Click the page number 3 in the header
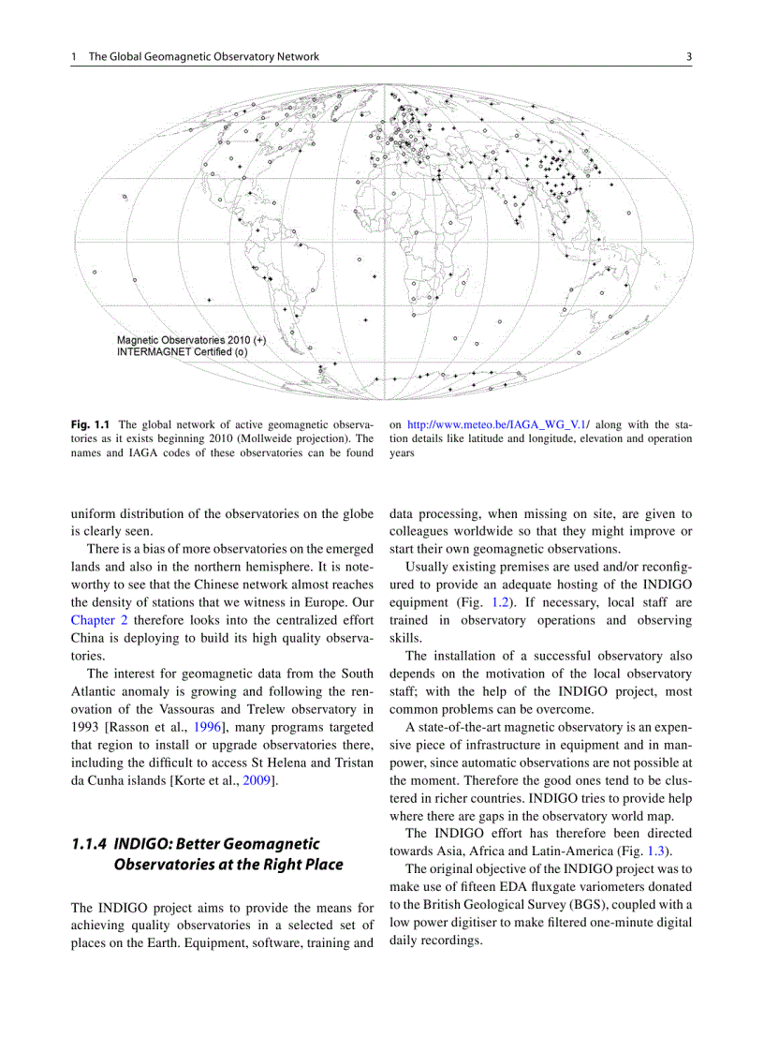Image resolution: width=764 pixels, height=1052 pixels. [688, 56]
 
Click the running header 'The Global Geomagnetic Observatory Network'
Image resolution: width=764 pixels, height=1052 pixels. [203, 56]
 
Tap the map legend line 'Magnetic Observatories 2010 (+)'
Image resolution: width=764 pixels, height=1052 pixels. [191, 340]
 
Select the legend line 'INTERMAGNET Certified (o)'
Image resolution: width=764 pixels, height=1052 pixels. [182, 352]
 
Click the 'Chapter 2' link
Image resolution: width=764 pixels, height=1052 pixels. [100, 619]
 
